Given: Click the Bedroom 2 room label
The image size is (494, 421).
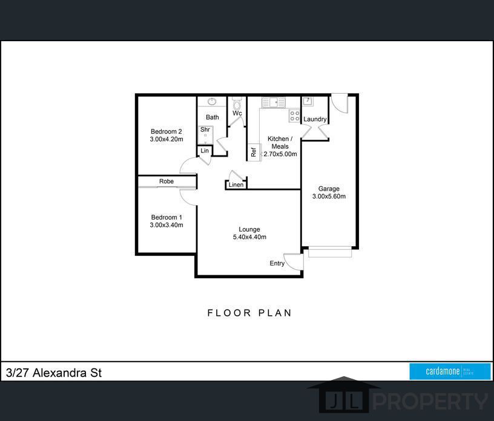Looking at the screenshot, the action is point(166,131).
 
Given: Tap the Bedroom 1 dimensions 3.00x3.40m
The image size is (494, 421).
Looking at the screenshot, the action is point(166,225).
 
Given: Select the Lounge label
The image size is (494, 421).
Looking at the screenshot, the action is point(249,229).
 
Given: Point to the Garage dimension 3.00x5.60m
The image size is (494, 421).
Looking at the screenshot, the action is point(329,196).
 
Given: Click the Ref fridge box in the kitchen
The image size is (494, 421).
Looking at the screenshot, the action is point(254,152).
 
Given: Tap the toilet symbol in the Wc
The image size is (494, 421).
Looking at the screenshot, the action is point(237,103).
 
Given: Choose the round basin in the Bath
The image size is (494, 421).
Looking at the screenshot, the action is point(212,102).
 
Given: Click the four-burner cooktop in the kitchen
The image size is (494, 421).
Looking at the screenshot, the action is point(295,116).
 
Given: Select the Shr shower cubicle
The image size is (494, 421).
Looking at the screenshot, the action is point(206,135).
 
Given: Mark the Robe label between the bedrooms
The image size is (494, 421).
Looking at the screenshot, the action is point(166,181).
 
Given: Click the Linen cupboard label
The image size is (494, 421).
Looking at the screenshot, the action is point(236,185).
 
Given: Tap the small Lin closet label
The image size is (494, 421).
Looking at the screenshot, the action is point(205,151).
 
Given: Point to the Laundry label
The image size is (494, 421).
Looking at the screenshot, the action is point(315,119).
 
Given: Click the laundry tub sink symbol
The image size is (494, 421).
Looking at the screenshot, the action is point(308,102).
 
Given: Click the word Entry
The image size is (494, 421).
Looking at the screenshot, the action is point(277,263).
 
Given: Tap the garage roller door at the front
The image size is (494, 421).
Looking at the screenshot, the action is point(330,252).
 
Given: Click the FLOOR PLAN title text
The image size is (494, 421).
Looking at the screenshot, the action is point(249,313).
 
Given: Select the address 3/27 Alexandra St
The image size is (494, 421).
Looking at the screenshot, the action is point(54,373).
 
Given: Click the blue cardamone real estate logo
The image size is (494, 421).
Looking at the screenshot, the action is point(450,371).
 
